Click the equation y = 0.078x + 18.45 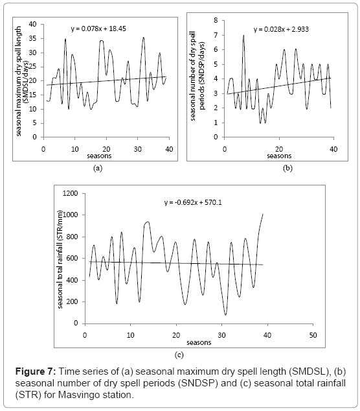point(98,29)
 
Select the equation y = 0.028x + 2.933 point(281,29)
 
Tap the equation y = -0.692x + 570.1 point(193,202)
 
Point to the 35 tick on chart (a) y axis point(33,38)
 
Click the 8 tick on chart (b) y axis point(216,20)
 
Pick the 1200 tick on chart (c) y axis point(71,193)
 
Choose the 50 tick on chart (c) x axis point(313,335)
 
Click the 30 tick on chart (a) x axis point(138,149)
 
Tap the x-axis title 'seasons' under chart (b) point(279,156)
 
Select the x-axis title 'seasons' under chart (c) point(199,342)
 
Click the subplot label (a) point(98,169)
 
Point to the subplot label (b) point(287,168)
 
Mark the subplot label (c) point(179,355)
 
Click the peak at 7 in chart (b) point(243,36)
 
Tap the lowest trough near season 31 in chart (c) point(226,314)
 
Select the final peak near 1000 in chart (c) point(263,214)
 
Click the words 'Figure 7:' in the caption point(36,371)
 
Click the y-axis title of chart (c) point(60,259)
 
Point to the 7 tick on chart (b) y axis point(216,35)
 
